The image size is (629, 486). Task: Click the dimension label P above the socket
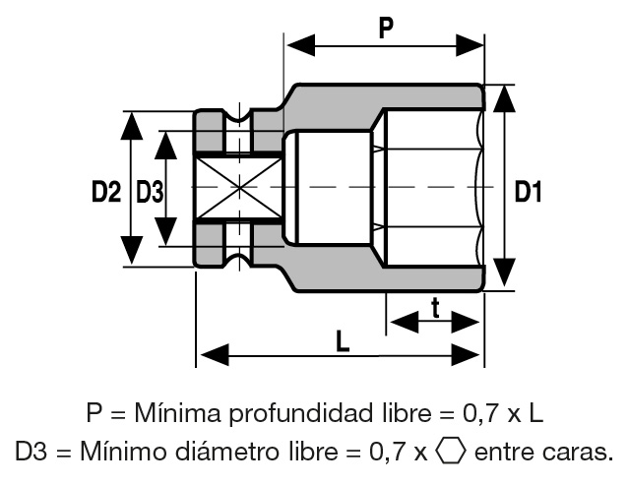pos(386,27)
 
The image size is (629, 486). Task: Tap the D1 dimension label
pos(529,192)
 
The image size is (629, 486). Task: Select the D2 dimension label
pos(105,192)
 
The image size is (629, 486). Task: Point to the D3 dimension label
pos(150,192)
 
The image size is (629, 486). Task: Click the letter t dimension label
pos(434,307)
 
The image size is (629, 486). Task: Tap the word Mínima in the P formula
pos(168,411)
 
